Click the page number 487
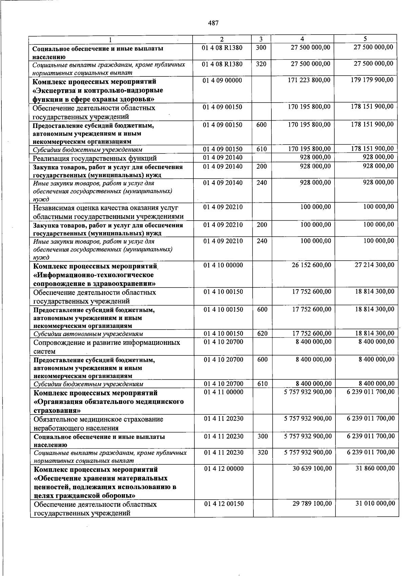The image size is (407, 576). tap(213, 23)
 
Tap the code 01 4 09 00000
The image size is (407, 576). tap(222, 80)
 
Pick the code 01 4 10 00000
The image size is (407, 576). tap(223, 265)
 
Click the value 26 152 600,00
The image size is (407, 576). tap(311, 265)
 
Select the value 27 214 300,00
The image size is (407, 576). tap(374, 265)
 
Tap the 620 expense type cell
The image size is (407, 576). tap(263, 334)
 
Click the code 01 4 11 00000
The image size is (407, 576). tap(223, 392)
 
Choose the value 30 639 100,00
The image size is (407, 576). tap(312, 469)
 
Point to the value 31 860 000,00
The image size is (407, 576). tap(375, 469)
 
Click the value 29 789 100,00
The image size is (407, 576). tap(312, 504)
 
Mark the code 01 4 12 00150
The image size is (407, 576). tap(224, 504)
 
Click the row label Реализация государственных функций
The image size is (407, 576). tap(95, 159)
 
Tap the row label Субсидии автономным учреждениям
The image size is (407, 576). tap(88, 334)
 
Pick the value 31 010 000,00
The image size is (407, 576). tap(375, 504)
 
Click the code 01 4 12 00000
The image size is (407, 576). tap(224, 469)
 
